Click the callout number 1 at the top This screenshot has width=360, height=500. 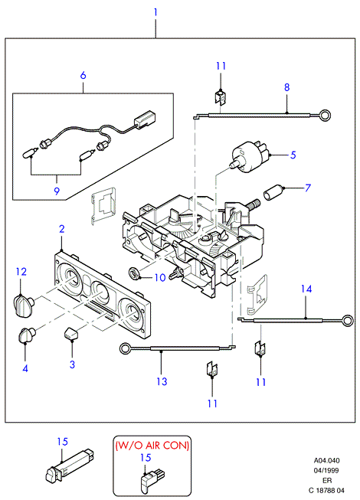(x=155, y=12)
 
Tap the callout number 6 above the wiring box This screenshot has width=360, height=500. (x=83, y=75)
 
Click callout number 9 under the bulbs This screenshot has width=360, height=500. (x=57, y=191)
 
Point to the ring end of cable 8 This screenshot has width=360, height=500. (x=326, y=115)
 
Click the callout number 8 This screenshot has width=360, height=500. (x=287, y=87)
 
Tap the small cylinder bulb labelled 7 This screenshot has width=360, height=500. (x=273, y=192)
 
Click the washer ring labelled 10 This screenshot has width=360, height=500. (x=134, y=273)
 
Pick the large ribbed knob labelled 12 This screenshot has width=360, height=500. (x=23, y=306)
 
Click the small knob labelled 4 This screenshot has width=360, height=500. (x=27, y=335)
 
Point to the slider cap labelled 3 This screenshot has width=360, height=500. (x=71, y=333)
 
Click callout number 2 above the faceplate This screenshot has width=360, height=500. (x=61, y=229)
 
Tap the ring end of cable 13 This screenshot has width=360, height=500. (x=125, y=348)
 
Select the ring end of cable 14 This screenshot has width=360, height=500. (x=347, y=321)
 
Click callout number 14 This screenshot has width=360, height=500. (x=306, y=289)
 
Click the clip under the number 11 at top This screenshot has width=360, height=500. (x=221, y=97)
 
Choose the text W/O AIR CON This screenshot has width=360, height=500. (x=152, y=445)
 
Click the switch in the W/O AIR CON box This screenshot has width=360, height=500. (x=152, y=480)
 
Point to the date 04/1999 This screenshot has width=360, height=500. (x=326, y=470)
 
